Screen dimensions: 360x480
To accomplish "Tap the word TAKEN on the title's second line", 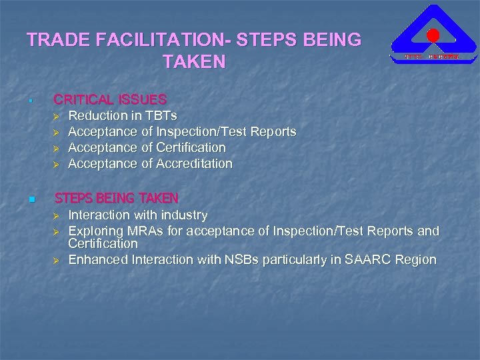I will click(194, 63).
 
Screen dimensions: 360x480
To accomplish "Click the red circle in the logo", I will click(433, 36).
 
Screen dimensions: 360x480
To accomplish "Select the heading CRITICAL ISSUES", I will click(110, 99).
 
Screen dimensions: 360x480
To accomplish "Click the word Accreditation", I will click(194, 163).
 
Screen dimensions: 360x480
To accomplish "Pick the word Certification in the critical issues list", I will click(191, 147).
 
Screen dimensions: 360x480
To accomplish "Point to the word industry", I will click(183, 215).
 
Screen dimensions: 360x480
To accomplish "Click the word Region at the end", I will click(416, 259).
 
